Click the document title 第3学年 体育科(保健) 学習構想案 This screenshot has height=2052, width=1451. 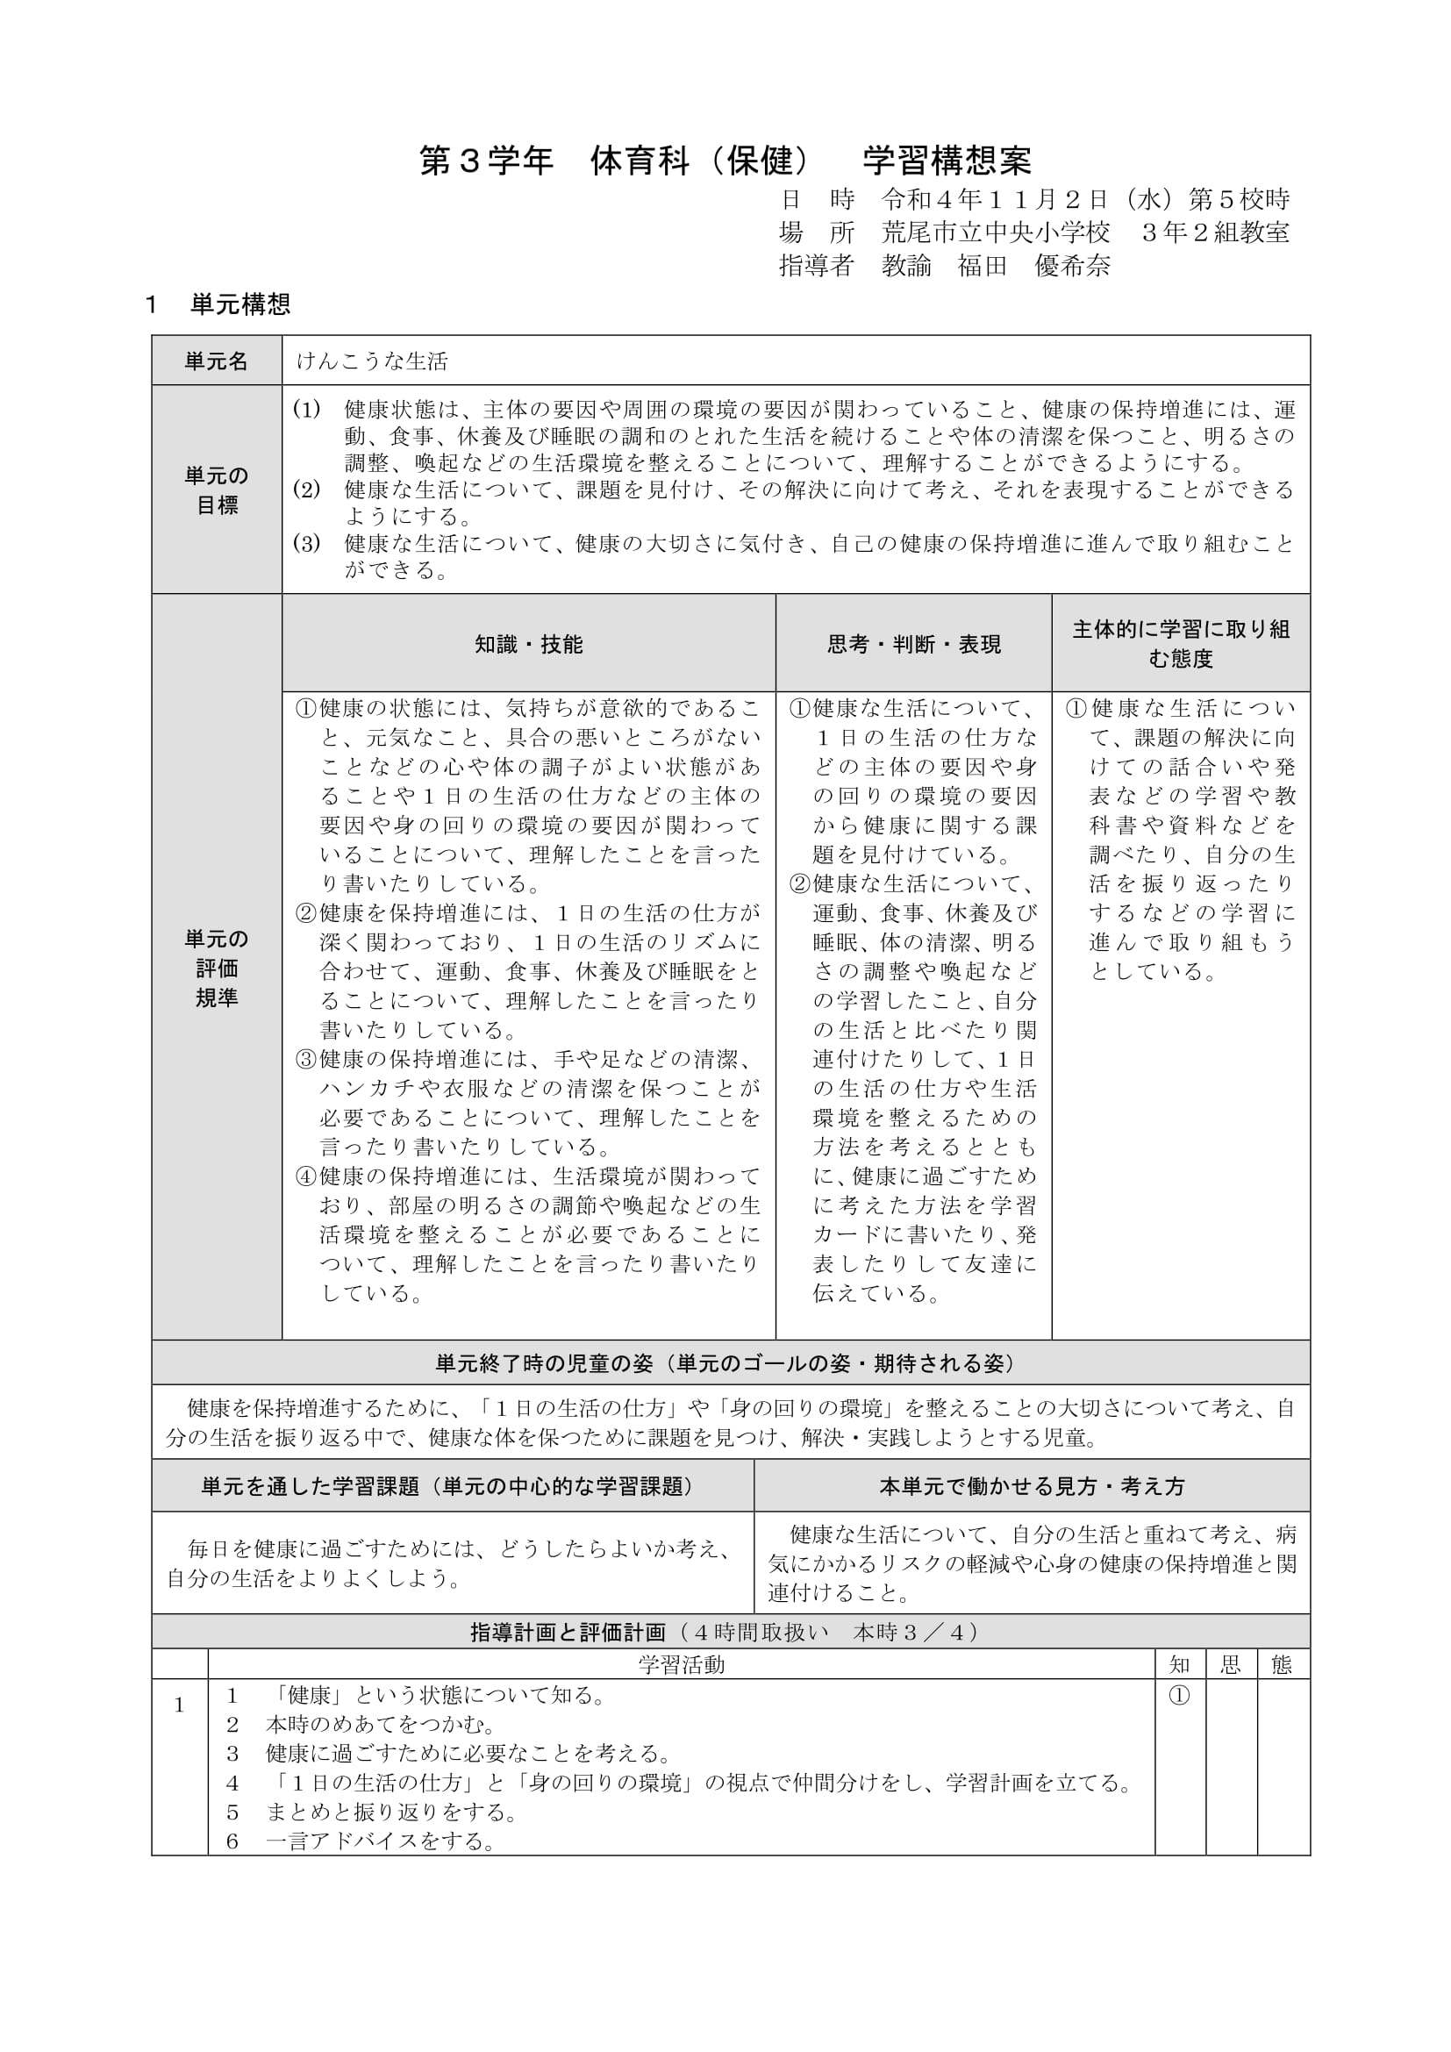pos(725,161)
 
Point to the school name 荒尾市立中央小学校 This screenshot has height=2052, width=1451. pos(996,232)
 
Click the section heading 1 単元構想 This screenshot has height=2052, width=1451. pos(218,304)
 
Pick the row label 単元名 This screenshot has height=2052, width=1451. pos(216,361)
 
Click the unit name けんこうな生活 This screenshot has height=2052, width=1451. pos(372,361)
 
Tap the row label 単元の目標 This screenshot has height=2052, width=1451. pos(216,490)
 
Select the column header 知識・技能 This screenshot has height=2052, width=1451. pos(528,645)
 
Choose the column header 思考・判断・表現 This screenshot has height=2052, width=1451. pos(913,645)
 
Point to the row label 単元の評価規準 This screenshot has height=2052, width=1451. pos(216,968)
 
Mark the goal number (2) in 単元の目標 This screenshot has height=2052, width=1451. pos(306,490)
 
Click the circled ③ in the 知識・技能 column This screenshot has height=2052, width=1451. pos(306,1060)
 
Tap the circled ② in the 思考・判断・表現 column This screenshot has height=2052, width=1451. pos(799,885)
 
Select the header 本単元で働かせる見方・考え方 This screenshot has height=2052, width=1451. pos(1031,1486)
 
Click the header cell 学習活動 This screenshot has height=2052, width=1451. pos(681,1664)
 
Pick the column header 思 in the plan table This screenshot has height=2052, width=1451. pos(1230,1664)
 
